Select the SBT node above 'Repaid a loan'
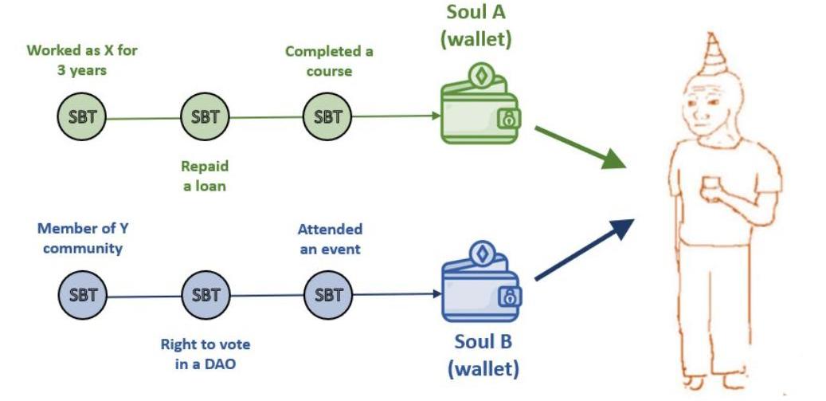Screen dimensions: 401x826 [x=205, y=117]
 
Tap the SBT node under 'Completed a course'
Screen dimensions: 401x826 [x=327, y=117]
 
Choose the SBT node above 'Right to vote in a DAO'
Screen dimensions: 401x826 [x=205, y=295]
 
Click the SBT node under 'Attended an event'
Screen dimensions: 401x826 [x=327, y=295]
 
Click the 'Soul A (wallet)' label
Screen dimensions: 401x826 [x=476, y=26]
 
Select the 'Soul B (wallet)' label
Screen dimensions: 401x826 [x=483, y=356]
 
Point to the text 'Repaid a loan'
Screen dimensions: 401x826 [x=205, y=175]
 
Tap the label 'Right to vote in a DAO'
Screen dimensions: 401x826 [x=205, y=353]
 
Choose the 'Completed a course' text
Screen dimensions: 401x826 [x=329, y=61]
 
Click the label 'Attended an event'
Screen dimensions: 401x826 [x=329, y=239]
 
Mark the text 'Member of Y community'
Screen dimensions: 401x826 [x=83, y=238]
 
